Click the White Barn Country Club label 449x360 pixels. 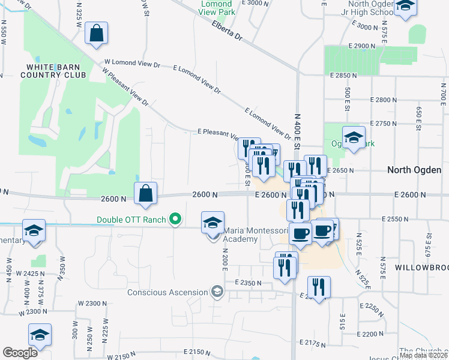(52, 71)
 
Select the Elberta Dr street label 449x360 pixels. (226, 31)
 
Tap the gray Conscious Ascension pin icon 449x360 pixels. (216, 293)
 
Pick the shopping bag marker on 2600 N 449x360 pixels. (146, 194)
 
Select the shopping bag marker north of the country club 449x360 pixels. (96, 34)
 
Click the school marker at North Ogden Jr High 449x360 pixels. (406, 6)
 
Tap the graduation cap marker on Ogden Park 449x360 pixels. (354, 138)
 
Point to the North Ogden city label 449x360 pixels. (415, 170)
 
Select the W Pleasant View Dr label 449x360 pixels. (125, 88)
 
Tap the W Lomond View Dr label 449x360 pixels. (132, 62)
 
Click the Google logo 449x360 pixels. (20, 352)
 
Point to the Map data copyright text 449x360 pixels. (423, 355)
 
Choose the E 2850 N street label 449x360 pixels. (343, 76)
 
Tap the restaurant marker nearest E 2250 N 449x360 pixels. (318, 287)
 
